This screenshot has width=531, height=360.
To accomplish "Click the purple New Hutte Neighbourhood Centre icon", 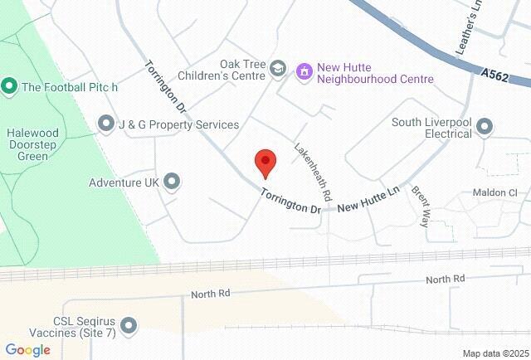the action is (x=304, y=71).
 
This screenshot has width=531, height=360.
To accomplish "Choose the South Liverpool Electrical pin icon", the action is (x=485, y=126).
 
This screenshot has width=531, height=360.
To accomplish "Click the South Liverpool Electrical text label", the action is (x=431, y=128).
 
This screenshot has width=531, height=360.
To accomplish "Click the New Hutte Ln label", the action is (x=369, y=197).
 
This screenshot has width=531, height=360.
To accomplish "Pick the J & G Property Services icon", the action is (x=106, y=124).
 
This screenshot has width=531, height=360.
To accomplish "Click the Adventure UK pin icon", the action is (x=173, y=181).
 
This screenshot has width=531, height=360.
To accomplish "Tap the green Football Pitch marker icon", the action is (x=9, y=85).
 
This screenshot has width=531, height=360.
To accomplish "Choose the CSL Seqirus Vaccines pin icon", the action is (x=129, y=327).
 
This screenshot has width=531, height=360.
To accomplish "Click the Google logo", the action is (x=27, y=350).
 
